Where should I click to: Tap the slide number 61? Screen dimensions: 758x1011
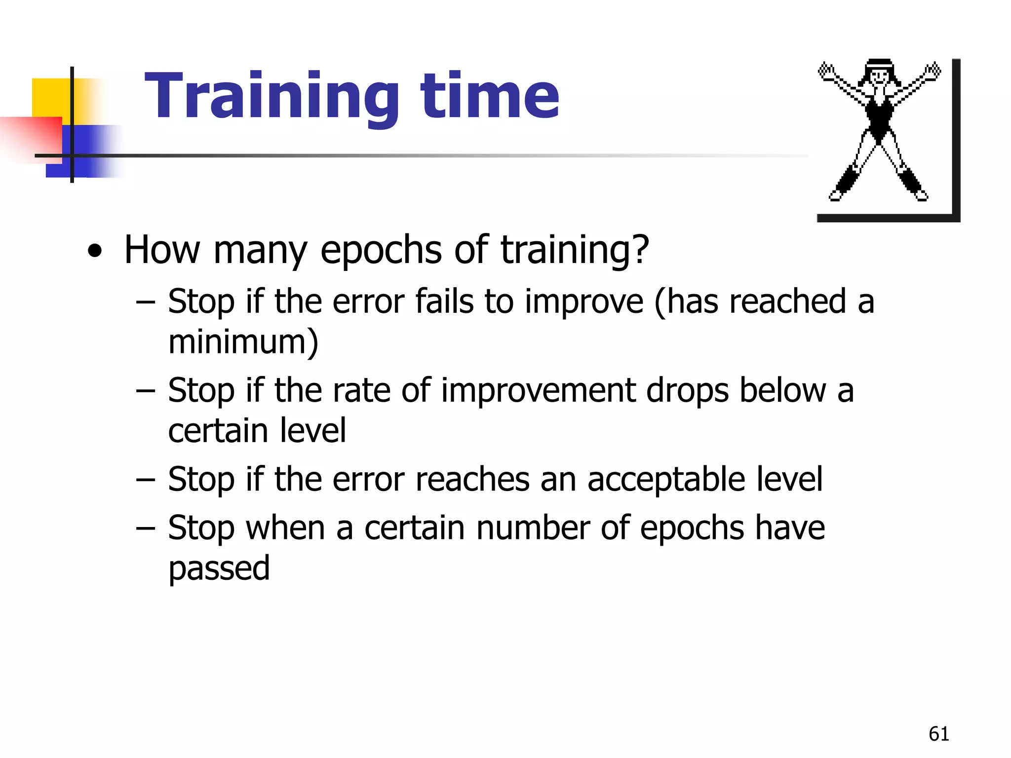[x=938, y=734]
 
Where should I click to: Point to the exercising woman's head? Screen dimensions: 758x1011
[x=879, y=74]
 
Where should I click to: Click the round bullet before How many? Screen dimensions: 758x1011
[x=95, y=252]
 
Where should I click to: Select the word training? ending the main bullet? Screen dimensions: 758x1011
[x=575, y=251]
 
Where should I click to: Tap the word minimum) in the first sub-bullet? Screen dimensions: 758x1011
[x=243, y=341]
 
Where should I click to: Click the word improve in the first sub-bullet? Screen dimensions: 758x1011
[x=584, y=302]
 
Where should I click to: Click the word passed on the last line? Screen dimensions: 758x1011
[x=219, y=568]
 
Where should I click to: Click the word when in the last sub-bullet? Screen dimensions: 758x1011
[x=285, y=528]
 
